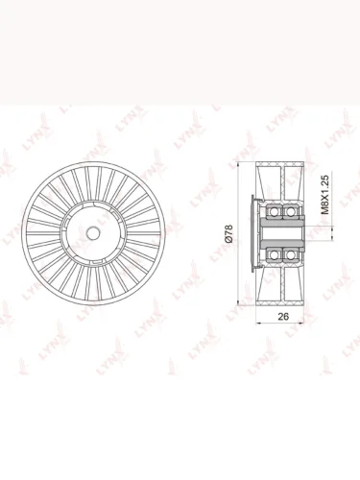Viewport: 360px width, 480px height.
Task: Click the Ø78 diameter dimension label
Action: click(x=229, y=233)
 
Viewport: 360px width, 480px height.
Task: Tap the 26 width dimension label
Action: click(x=283, y=317)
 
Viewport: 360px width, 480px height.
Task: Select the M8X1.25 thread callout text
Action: click(x=324, y=194)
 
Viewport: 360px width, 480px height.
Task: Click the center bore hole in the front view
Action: click(x=93, y=233)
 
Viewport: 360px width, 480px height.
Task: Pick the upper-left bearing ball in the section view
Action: click(x=274, y=211)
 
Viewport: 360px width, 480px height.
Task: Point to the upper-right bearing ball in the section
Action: click(x=290, y=211)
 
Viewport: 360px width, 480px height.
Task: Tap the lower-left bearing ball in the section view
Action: click(x=274, y=254)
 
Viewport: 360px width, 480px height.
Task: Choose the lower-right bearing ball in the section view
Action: click(x=290, y=254)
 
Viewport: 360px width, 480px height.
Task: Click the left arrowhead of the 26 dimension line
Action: click(x=259, y=323)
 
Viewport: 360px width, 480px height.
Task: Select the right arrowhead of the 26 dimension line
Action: click(x=301, y=323)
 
